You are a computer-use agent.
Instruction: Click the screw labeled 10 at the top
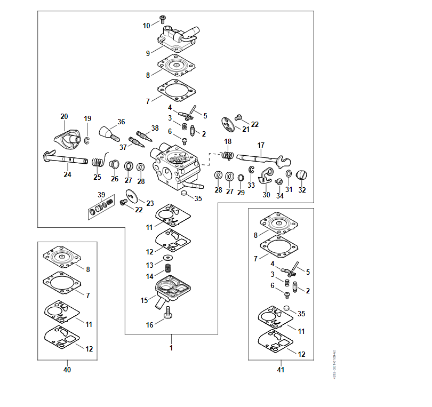click(x=162, y=21)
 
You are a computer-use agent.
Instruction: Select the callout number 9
click(x=148, y=53)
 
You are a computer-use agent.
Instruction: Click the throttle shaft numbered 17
click(x=259, y=158)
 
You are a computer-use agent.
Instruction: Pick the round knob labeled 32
click(x=302, y=174)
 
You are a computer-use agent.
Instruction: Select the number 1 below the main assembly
click(x=171, y=348)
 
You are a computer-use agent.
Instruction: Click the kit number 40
click(x=67, y=370)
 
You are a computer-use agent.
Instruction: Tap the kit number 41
click(x=281, y=370)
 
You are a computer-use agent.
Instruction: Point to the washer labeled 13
click(x=169, y=258)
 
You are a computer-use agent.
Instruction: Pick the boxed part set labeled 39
click(x=101, y=208)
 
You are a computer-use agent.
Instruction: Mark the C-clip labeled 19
click(x=87, y=140)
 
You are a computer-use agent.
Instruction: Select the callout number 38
click(x=155, y=128)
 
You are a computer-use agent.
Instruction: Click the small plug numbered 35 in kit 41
click(x=286, y=308)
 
